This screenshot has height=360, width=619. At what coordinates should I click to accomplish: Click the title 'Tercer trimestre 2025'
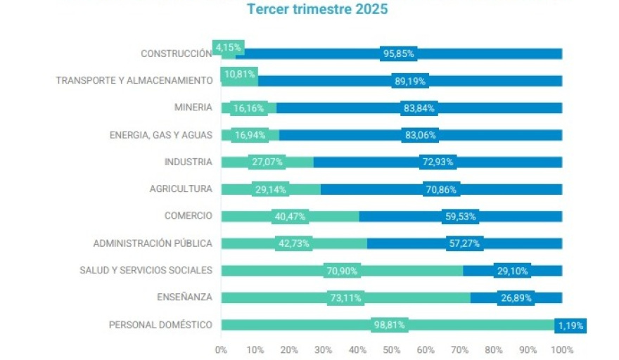317,10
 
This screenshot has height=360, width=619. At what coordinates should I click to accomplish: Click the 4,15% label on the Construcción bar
229,48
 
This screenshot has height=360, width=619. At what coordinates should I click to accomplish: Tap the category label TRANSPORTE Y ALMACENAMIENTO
134,81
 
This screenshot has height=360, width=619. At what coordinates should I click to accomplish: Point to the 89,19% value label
409,82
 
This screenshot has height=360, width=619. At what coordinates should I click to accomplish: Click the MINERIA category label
193,108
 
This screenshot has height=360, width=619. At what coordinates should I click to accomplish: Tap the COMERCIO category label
188,216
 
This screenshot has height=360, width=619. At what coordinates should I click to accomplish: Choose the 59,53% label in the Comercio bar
461,217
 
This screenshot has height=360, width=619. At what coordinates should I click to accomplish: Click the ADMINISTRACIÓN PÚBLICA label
153,243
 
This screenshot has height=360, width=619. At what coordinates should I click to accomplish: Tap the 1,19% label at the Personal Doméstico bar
570,326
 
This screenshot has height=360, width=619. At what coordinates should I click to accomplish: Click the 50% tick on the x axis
392,349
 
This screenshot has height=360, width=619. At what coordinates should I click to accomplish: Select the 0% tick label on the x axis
221,349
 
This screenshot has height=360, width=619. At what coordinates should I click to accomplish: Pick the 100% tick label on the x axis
562,349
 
